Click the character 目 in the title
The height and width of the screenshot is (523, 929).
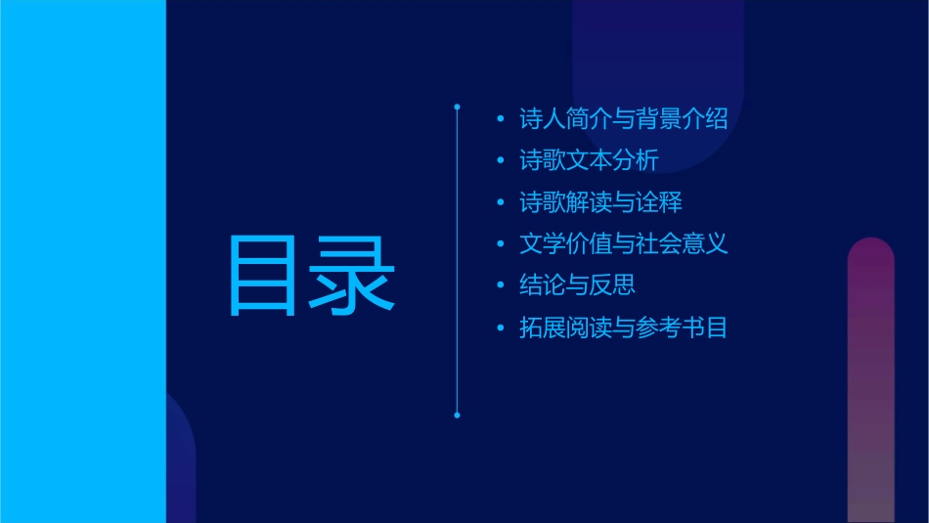pos(263,276)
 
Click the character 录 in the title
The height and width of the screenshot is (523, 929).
pos(353,276)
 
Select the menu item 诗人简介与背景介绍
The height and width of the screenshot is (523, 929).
pos(624,119)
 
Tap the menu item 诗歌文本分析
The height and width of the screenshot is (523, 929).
pos(589,161)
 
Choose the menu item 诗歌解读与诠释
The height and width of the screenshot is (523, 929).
pos(600,202)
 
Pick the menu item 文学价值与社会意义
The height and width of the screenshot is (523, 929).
pos(624,244)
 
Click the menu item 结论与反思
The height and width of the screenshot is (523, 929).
pos(577,285)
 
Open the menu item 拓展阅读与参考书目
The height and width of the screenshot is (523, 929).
pos(624,327)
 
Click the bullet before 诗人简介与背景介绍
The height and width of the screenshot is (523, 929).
pos(501,120)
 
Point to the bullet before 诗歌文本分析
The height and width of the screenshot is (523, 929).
pos(501,162)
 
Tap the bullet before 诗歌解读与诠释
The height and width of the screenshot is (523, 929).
pos(501,203)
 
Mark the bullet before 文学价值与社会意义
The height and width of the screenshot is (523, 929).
pos(501,245)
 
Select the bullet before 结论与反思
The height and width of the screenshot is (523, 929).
pos(501,286)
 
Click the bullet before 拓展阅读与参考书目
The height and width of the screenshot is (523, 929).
pos(501,328)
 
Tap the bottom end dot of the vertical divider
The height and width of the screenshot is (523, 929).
pos(457,414)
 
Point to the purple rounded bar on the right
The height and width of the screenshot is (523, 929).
pos(870,381)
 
